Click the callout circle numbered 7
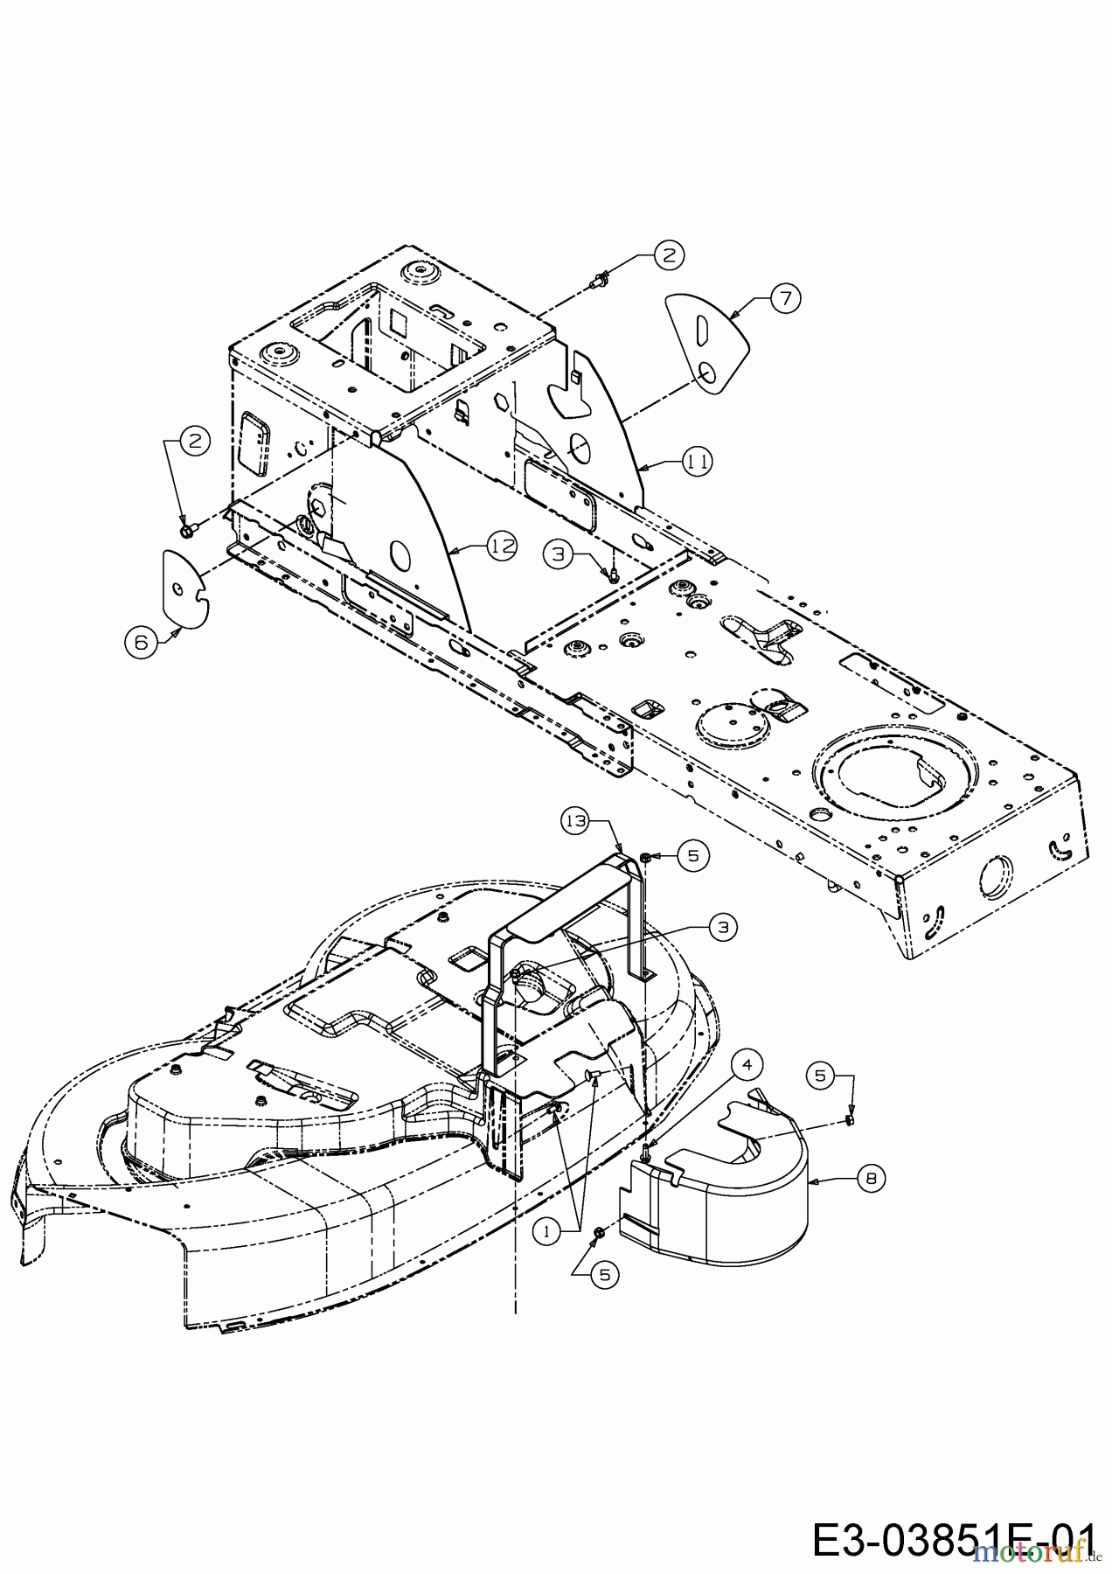click(x=785, y=298)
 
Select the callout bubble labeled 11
click(x=697, y=461)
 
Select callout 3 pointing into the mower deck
click(x=722, y=928)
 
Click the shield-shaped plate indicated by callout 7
click(x=706, y=344)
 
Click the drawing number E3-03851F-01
click(x=953, y=1540)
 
